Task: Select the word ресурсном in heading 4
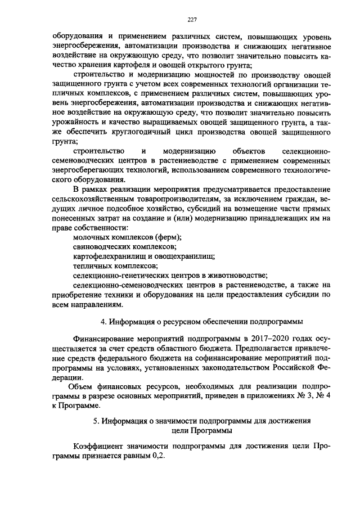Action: (x=177, y=322)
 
